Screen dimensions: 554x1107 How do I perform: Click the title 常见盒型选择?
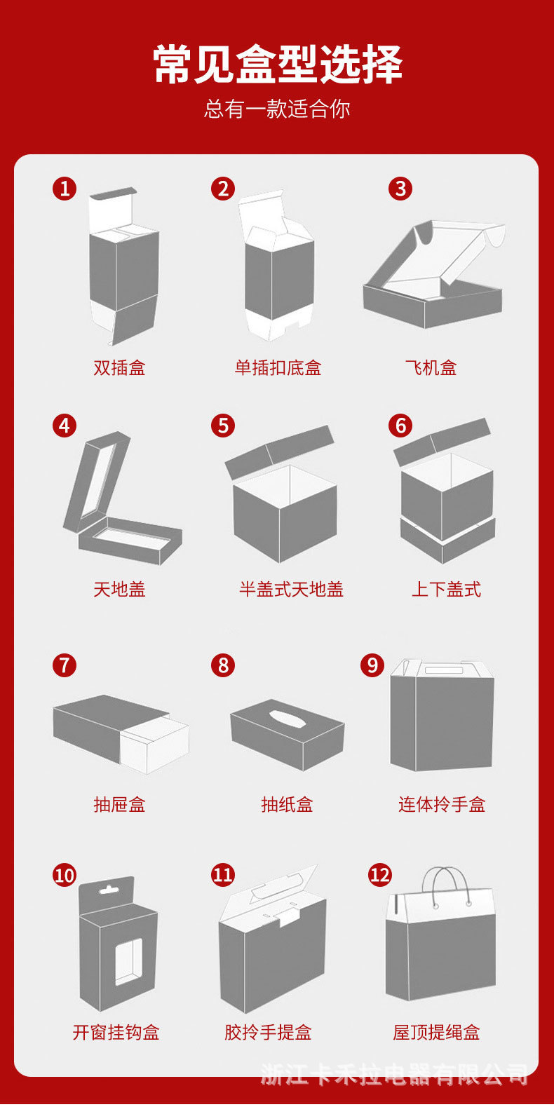[x=277, y=64]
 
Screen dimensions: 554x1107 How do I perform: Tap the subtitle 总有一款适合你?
[x=277, y=109]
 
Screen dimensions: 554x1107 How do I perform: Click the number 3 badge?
[x=400, y=189]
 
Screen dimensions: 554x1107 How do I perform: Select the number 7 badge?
[x=65, y=665]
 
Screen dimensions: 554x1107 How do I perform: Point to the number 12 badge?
[x=380, y=875]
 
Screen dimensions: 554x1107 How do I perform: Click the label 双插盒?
[x=120, y=367]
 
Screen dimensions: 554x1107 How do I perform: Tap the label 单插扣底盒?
[x=278, y=367]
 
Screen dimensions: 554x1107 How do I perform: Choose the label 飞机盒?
[x=431, y=367]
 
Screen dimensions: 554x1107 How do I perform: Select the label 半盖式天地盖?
[x=291, y=589]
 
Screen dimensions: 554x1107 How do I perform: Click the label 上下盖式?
[x=446, y=589]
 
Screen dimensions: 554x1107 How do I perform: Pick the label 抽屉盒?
[x=120, y=805]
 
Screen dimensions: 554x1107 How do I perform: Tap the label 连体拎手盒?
[x=442, y=805]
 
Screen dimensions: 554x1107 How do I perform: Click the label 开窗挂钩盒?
[x=116, y=1033]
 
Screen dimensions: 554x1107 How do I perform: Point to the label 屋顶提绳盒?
[x=436, y=1033]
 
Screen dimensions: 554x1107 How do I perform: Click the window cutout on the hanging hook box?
[x=128, y=961]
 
